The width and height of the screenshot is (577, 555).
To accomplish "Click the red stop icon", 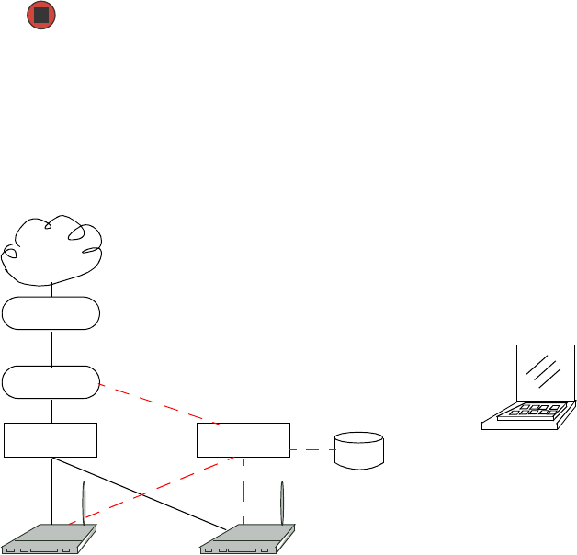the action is [x=40, y=16].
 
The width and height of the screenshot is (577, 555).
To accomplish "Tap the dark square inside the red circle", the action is [x=40, y=16].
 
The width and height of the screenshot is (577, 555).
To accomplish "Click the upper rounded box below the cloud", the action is [x=51, y=313].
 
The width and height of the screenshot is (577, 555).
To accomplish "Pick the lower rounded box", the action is [x=51, y=382].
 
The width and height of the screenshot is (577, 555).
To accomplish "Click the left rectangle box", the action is [x=51, y=440].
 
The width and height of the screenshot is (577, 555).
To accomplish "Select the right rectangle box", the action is [x=243, y=440].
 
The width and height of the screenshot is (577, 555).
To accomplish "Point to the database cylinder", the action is [x=359, y=450].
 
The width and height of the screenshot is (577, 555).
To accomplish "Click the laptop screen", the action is [x=546, y=373].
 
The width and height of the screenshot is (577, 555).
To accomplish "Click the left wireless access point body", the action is [x=50, y=540].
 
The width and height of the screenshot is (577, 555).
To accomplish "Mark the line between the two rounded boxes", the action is [x=52, y=347].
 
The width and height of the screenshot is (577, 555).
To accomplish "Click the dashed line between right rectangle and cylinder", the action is [x=311, y=450].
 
